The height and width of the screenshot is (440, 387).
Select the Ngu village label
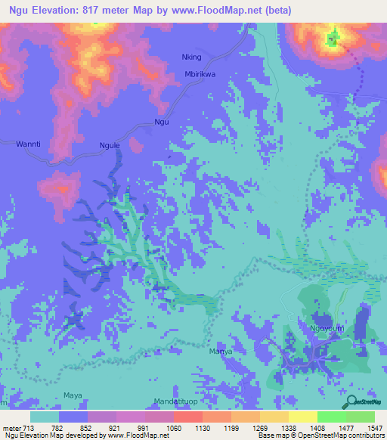click(161, 122)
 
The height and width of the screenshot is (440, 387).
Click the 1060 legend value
click(173, 428)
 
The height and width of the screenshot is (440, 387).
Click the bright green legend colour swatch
click(331, 417)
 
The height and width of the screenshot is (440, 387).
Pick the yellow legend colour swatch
click(302, 417)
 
